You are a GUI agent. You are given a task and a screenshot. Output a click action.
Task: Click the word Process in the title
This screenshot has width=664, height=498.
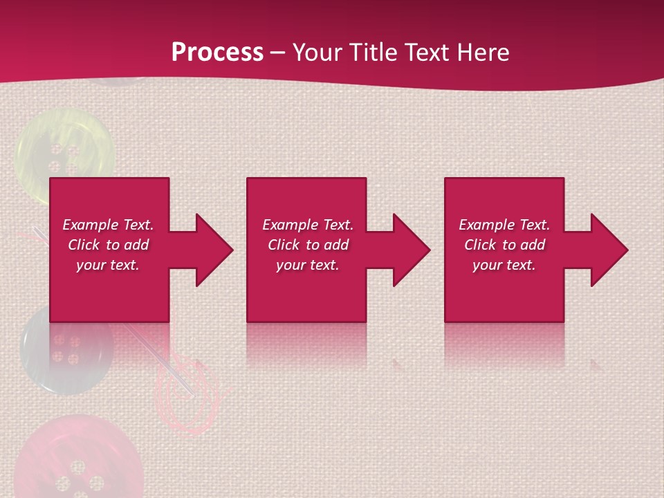pos(217,53)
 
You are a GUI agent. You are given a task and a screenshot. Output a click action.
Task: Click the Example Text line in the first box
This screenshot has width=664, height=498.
pos(108,225)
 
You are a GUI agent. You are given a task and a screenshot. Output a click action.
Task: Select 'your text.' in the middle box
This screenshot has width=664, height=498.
pos(307,265)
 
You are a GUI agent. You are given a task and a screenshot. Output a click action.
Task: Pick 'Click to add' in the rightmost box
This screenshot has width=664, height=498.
pos(504,245)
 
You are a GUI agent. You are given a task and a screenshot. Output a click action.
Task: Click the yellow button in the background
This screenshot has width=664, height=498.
pos(66,149)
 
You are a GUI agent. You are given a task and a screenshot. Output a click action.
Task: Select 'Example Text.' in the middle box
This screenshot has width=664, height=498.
pos(307,225)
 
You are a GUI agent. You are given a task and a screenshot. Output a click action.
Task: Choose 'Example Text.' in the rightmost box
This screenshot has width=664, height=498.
pos(504,225)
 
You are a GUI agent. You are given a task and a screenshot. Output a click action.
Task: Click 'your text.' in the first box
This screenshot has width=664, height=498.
pos(108,265)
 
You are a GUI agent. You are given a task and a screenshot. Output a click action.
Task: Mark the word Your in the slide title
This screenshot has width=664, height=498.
pos(319,53)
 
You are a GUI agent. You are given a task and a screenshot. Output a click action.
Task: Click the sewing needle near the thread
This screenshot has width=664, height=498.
pos(159,353)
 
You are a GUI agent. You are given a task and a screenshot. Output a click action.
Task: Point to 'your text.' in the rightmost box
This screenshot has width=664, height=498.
pos(504,265)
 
